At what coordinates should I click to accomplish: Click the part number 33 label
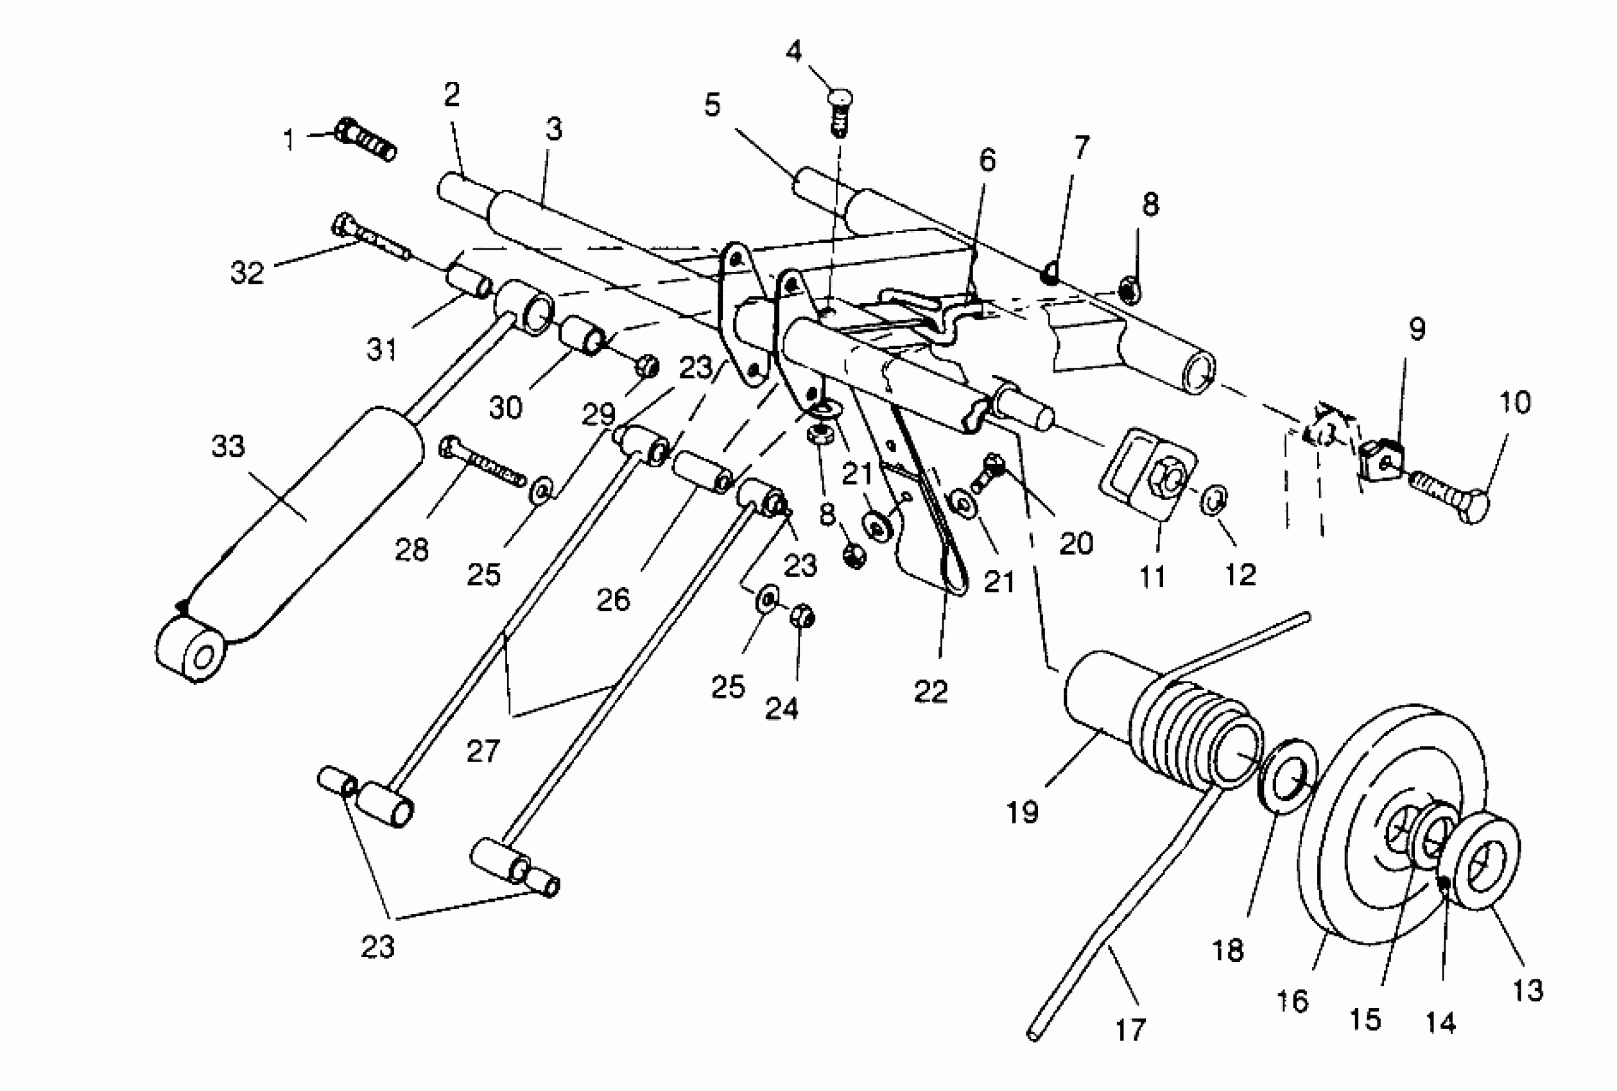(229, 446)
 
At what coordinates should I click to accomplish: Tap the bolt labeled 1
(365, 141)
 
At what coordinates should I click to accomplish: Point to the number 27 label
(483, 752)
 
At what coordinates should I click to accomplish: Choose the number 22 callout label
(931, 691)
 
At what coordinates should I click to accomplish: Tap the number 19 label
(1023, 812)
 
